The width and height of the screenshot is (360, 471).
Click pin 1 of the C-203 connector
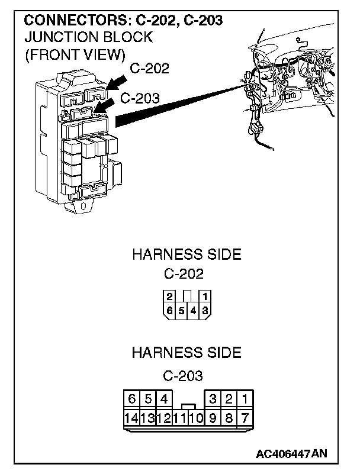(245, 398)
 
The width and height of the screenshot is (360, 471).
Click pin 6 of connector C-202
(170, 309)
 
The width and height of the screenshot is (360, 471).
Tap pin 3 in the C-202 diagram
(205, 309)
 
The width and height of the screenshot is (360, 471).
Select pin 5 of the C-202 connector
(181, 309)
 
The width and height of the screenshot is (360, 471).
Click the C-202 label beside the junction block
(149, 69)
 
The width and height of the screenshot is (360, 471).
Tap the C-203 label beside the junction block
(140, 98)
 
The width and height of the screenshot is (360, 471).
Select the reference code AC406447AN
(291, 454)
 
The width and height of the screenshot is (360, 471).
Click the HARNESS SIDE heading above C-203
(186, 353)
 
